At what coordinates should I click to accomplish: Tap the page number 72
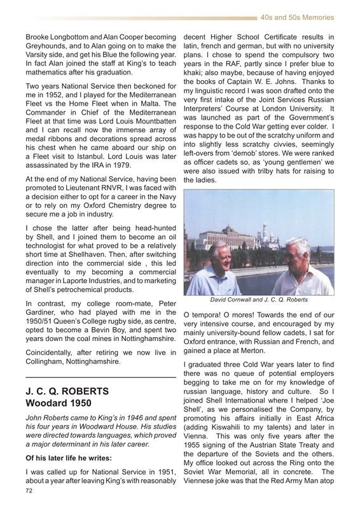tap(27, 491)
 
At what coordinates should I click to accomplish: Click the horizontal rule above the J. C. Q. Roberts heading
tap(99, 377)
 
